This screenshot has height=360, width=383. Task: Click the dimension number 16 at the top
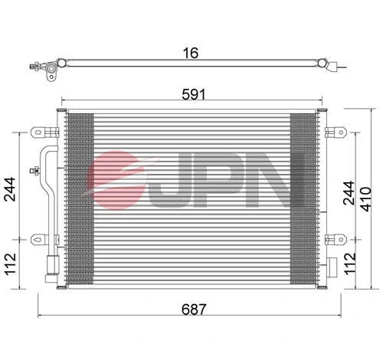tap(191, 53)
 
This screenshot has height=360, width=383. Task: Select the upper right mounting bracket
tap(335, 131)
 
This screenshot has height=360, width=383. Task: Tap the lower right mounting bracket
tap(335, 239)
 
